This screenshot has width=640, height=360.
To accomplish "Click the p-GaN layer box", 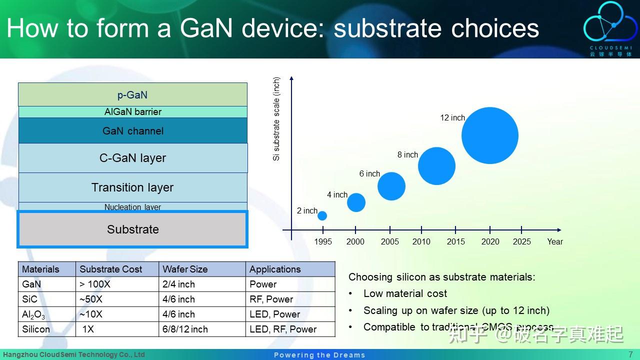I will click(132, 94).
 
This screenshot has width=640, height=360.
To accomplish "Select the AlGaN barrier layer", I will click(132, 112).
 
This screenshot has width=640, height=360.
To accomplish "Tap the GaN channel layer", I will click(132, 131).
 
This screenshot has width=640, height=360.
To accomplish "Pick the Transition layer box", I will click(132, 187).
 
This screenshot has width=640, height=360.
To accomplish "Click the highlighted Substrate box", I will click(132, 229).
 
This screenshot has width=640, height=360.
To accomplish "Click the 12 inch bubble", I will click(489, 135).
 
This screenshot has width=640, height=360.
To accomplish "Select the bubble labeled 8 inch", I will click(436, 166).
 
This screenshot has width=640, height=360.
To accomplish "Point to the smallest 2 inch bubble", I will click(322, 215).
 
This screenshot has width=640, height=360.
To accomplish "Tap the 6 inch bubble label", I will click(369, 174).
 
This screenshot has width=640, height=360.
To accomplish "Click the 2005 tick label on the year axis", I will click(389, 242).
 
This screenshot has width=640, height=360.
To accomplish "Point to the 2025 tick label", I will click(521, 242).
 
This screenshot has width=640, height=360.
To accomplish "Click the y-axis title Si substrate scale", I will click(276, 119).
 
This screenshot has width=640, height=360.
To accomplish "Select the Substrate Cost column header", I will click(111, 269).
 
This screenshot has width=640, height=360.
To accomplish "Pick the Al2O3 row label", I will click(33, 314).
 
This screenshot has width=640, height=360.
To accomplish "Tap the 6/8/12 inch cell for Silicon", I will click(185, 329).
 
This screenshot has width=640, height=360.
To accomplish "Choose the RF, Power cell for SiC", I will click(271, 299).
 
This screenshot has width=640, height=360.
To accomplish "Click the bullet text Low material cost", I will click(405, 293).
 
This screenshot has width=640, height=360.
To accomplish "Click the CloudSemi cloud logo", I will click(610, 24).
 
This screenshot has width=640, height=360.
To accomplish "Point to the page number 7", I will click(630, 354).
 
